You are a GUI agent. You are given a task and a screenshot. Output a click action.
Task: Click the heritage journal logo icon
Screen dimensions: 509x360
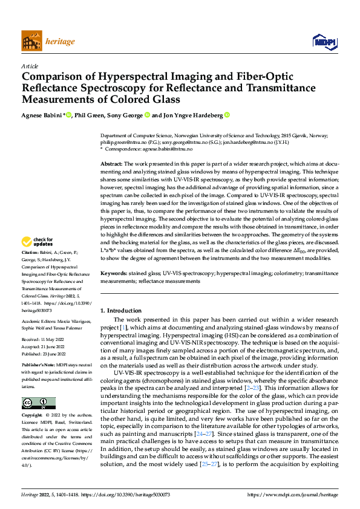pyautogui.click(x=31, y=42)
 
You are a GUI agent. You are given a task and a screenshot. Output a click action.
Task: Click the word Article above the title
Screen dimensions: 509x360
pyautogui.click(x=30, y=66)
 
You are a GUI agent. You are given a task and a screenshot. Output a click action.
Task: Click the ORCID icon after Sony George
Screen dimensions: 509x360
pyautogui.click(x=148, y=115)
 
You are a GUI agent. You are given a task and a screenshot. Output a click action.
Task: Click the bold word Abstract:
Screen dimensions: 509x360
pyautogui.click(x=111, y=164)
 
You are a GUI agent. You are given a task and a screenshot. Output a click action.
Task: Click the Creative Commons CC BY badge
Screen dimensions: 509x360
pyautogui.click(x=39, y=403)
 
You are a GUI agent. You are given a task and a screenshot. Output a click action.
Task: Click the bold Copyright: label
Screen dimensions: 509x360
pyautogui.click(x=31, y=416)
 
